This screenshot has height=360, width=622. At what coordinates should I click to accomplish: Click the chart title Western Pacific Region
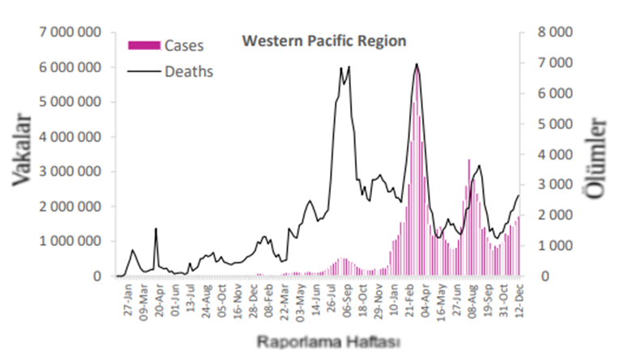click(324, 40)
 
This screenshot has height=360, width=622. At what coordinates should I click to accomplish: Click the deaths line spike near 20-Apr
click(156, 229)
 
